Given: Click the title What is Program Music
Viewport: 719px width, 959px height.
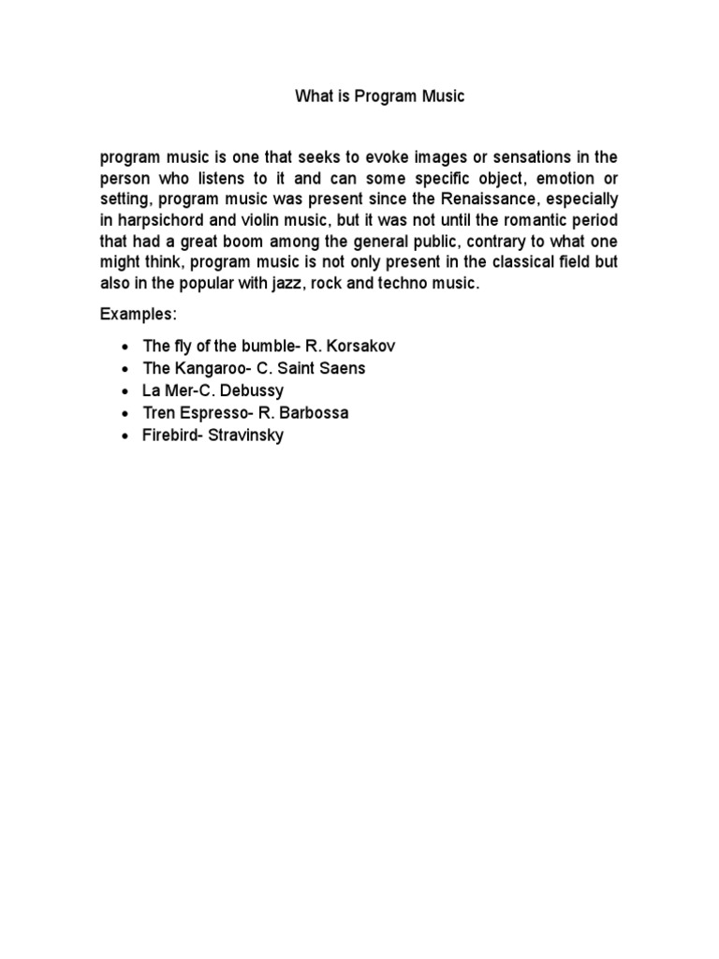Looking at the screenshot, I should [x=379, y=96].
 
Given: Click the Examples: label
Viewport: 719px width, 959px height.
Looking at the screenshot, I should [x=138, y=315].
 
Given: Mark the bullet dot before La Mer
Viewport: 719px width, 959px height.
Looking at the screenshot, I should [x=124, y=391].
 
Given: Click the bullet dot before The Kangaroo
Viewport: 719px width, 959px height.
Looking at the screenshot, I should [x=124, y=369].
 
